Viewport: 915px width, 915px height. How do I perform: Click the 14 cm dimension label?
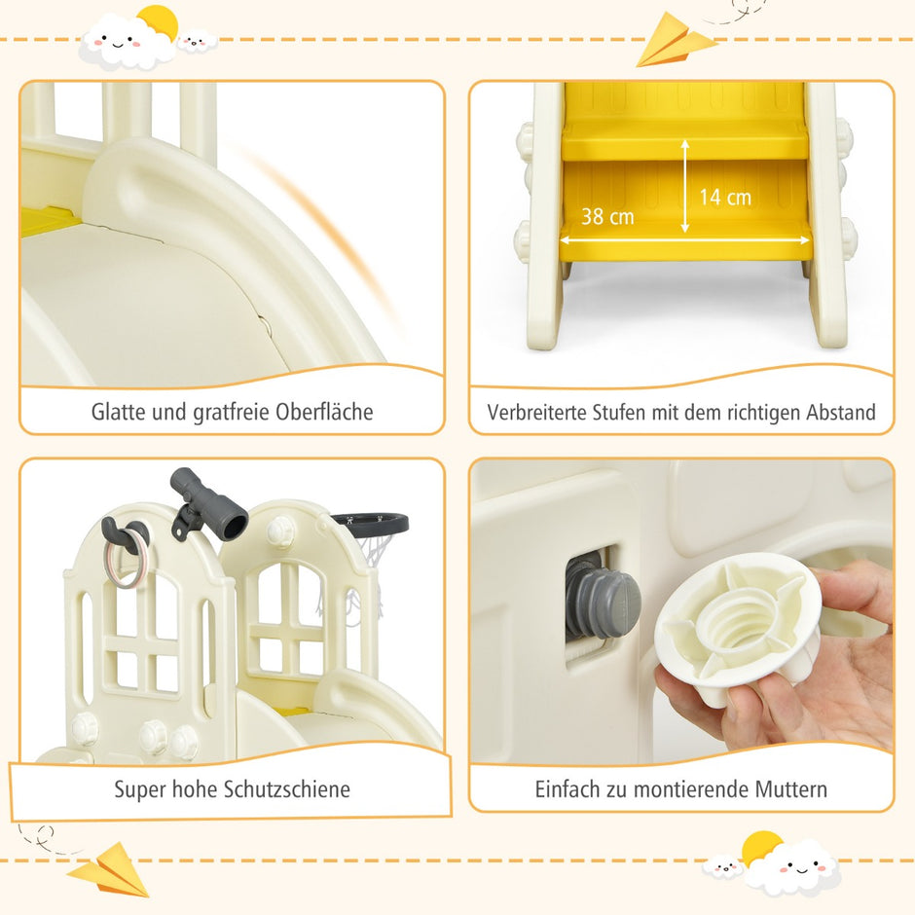[725, 198]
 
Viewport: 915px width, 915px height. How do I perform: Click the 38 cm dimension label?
[607, 216]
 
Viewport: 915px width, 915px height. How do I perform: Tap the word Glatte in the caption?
[119, 412]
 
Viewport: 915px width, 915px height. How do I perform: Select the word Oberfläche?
[324, 412]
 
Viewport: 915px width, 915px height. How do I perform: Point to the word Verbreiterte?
[537, 412]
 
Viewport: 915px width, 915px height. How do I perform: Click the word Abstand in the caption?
[841, 412]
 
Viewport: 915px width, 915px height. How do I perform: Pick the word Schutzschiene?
[287, 789]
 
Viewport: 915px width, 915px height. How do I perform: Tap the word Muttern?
[790, 789]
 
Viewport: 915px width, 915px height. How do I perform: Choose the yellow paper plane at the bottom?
[110, 869]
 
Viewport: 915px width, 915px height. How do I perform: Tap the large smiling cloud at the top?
[126, 42]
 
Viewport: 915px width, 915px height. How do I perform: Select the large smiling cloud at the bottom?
[793, 867]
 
